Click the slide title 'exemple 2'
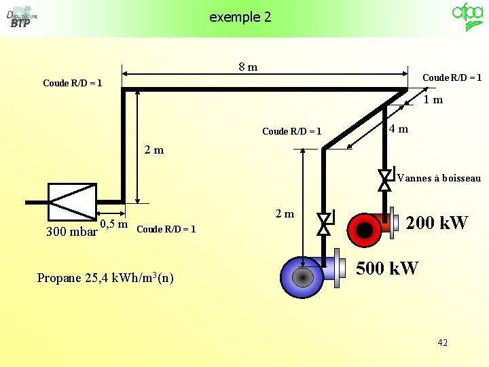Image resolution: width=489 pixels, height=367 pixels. (240, 17)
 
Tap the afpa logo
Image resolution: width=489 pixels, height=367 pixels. (468, 17)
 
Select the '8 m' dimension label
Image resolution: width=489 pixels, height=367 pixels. (248, 67)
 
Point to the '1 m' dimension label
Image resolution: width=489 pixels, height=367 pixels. (433, 100)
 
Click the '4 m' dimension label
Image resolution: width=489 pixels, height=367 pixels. (399, 129)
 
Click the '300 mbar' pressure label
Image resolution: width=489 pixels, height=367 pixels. (70, 231)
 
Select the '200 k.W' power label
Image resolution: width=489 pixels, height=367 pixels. (437, 222)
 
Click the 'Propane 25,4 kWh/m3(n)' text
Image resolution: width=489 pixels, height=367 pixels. (105, 277)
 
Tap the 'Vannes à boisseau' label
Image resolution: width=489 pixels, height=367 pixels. (439, 179)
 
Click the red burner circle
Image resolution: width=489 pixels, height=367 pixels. (365, 231)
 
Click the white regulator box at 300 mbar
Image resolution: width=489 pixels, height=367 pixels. (72, 201)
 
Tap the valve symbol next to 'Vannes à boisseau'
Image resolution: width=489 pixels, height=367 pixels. (385, 178)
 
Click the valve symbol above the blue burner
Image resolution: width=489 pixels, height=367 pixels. (324, 223)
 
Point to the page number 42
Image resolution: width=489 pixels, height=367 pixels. (442, 343)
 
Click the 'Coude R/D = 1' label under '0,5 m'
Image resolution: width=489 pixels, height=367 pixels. (166, 229)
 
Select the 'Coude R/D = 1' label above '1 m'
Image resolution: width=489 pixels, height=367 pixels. (452, 77)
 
